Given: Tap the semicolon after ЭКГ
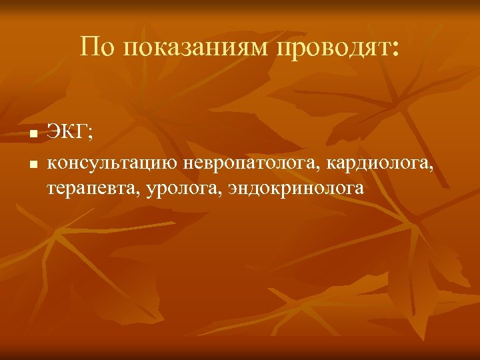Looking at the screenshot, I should coord(91,135).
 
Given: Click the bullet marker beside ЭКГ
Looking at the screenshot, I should coord(33,135).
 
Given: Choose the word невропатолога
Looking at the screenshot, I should coord(249,163).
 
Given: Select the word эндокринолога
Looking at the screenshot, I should coord(297,190).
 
